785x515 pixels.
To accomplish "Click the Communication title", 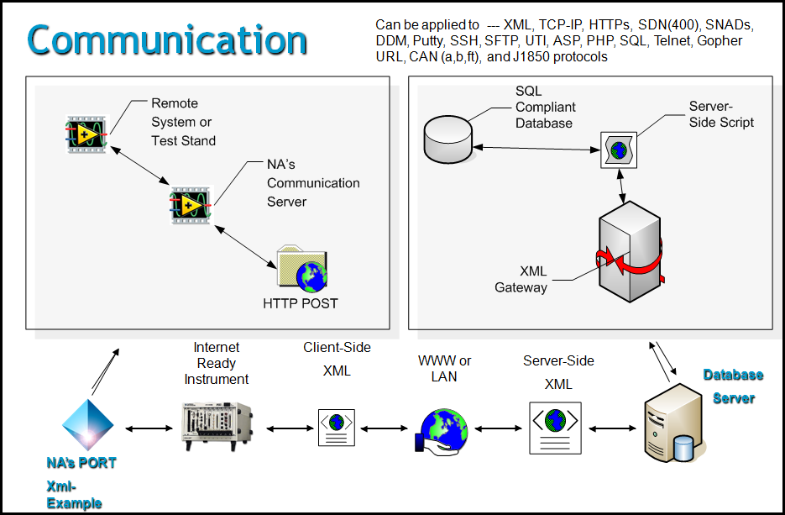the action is click(x=167, y=40).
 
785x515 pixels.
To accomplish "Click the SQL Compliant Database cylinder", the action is click(x=448, y=139).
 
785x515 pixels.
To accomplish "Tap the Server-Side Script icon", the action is click(x=619, y=150).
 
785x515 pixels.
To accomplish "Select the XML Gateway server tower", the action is click(x=631, y=251).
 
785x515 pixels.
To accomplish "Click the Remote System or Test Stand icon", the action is click(x=87, y=134).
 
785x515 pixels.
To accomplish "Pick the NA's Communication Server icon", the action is click(x=191, y=205).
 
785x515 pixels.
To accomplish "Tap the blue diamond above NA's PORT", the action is click(x=88, y=424).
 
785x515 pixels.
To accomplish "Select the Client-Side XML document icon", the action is click(x=337, y=428).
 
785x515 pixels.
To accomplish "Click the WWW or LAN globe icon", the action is click(x=441, y=431).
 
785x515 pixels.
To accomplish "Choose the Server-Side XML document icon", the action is click(x=555, y=428).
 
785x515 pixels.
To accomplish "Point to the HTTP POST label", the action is click(x=301, y=303).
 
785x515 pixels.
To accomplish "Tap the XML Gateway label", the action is click(x=521, y=279).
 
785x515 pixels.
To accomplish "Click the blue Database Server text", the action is click(x=734, y=386).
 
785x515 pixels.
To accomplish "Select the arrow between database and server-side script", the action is click(x=536, y=149).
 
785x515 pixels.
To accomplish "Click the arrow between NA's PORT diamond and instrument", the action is click(x=149, y=428).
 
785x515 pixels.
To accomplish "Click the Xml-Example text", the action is click(x=74, y=495).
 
